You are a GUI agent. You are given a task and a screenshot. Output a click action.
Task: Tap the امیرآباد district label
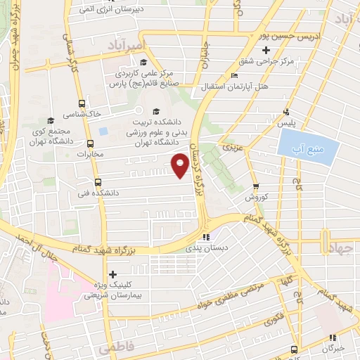click(127, 46)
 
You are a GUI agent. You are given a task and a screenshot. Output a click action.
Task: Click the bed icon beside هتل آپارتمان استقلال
click(234, 77)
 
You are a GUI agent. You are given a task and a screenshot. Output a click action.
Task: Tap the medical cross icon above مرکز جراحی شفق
click(265, 51)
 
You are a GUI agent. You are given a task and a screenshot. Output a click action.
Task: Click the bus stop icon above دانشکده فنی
click(97, 181)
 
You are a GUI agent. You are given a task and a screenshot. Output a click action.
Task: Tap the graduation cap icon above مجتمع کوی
click(49, 120)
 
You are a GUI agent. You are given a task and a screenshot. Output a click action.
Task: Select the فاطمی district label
click(115, 347)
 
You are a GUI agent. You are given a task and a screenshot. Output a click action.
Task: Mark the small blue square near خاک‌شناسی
click(104, 131)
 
